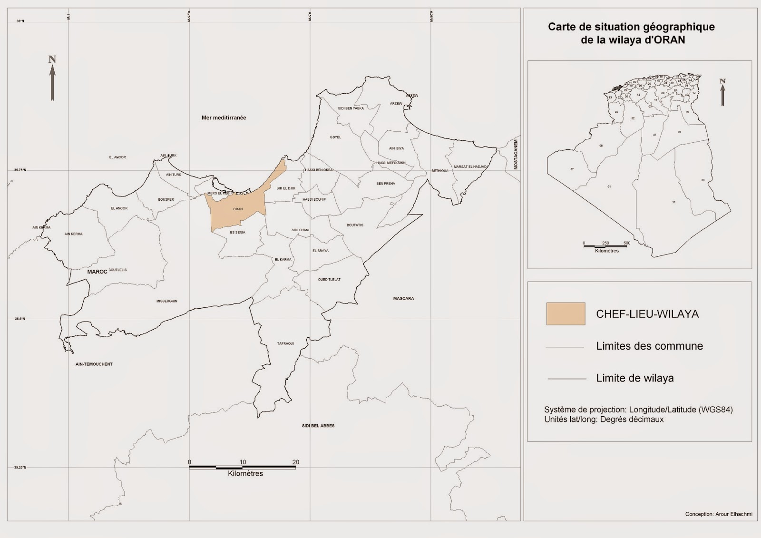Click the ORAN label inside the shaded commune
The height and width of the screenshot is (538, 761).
tap(238, 209)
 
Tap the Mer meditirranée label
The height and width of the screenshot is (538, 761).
tap(224, 117)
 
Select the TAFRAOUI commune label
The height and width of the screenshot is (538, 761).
tap(285, 343)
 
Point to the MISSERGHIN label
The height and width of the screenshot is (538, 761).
tap(166, 301)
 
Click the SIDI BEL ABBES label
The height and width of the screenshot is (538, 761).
tap(318, 426)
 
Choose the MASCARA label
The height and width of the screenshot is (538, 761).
tap(403, 299)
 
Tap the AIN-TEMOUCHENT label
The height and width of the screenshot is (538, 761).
tap(94, 364)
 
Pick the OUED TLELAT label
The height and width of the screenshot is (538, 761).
tap(329, 280)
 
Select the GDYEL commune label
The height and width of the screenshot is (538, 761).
tap(335, 137)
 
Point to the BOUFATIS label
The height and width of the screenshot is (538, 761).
tap(355, 225)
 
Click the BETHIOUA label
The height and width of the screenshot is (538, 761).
tap(440, 171)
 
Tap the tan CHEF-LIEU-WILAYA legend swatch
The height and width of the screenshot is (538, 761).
tap(566, 314)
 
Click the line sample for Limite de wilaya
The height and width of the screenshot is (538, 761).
tap(567, 379)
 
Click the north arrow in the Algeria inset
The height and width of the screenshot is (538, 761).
tap(722, 92)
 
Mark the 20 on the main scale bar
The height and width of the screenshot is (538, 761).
tap(296, 462)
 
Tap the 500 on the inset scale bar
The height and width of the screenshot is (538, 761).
tap(627, 243)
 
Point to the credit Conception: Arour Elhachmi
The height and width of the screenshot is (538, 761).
tap(718, 514)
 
